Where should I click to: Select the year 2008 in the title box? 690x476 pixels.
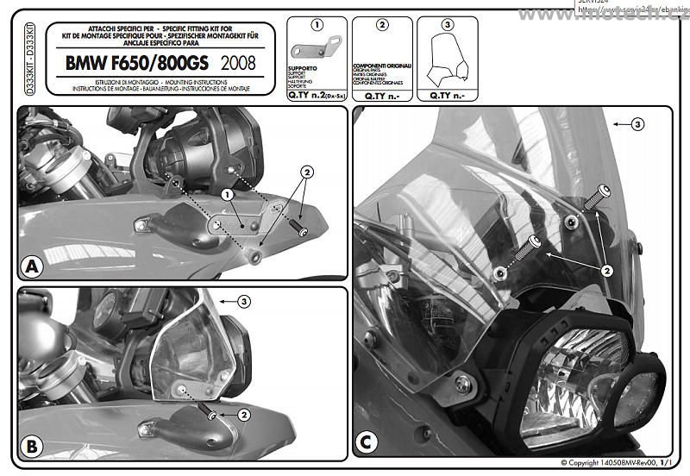pos(238,64)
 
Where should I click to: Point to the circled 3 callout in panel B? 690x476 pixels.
pos(244,301)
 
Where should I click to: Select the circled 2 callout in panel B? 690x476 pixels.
pos(244,415)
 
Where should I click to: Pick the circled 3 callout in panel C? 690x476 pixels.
pos(637,125)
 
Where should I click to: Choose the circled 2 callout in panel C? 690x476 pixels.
pos(606,270)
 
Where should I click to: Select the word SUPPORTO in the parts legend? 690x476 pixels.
pos(302,66)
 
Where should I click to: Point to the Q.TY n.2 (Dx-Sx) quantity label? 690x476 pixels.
pos(316,97)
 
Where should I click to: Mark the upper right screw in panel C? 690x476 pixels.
pos(603,191)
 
